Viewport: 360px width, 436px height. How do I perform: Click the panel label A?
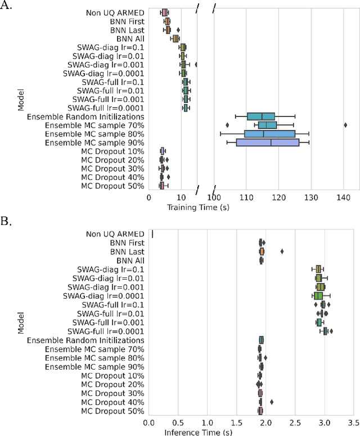point(7,7)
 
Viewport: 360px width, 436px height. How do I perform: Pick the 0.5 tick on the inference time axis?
point(178,422)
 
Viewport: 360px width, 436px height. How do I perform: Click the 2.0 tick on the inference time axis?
point(265,422)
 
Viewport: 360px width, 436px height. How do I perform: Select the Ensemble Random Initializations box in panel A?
point(261,116)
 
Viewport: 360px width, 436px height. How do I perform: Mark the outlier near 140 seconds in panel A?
point(345,125)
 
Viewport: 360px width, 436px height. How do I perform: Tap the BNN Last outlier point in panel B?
point(282,251)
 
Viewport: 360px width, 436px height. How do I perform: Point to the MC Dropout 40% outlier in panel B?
point(272,402)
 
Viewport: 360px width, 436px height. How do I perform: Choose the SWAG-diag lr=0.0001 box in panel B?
point(318,295)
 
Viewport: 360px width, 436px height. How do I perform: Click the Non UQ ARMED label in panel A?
point(115,12)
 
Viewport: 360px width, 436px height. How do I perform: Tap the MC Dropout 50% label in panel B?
point(112,411)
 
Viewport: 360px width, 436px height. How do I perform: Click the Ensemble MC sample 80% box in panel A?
point(269,134)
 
